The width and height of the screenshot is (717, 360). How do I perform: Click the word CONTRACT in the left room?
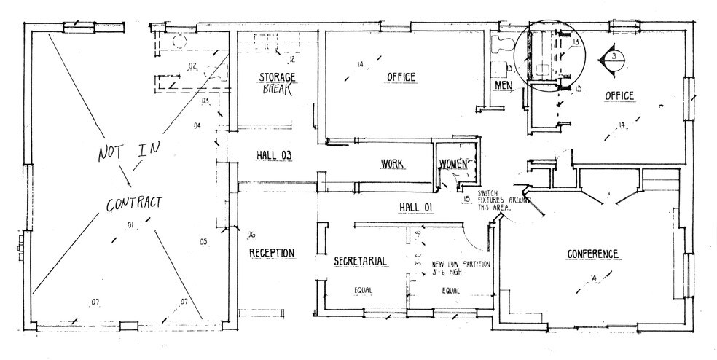pos(134,204)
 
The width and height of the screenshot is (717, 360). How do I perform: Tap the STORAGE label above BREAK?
pos(277,77)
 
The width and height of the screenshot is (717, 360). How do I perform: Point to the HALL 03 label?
pos(274,154)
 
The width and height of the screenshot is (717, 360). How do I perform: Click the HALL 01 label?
pos(416,208)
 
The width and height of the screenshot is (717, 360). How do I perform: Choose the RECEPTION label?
pos(272,253)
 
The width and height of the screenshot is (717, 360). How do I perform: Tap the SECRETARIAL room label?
pos(360,261)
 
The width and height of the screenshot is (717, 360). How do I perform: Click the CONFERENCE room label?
pos(592,254)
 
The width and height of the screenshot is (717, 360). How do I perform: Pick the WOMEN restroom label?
pos(452,164)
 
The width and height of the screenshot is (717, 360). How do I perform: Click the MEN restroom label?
pos(504,85)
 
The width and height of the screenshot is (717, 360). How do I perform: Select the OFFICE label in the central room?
pos(396,77)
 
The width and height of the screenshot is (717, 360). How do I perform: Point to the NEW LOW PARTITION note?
pos(461,267)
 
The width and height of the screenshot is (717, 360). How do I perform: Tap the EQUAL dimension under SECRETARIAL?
pos(363,290)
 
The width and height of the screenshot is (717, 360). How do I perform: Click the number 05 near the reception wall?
pos(203,240)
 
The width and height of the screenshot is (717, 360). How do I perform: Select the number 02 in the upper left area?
pos(192,66)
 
